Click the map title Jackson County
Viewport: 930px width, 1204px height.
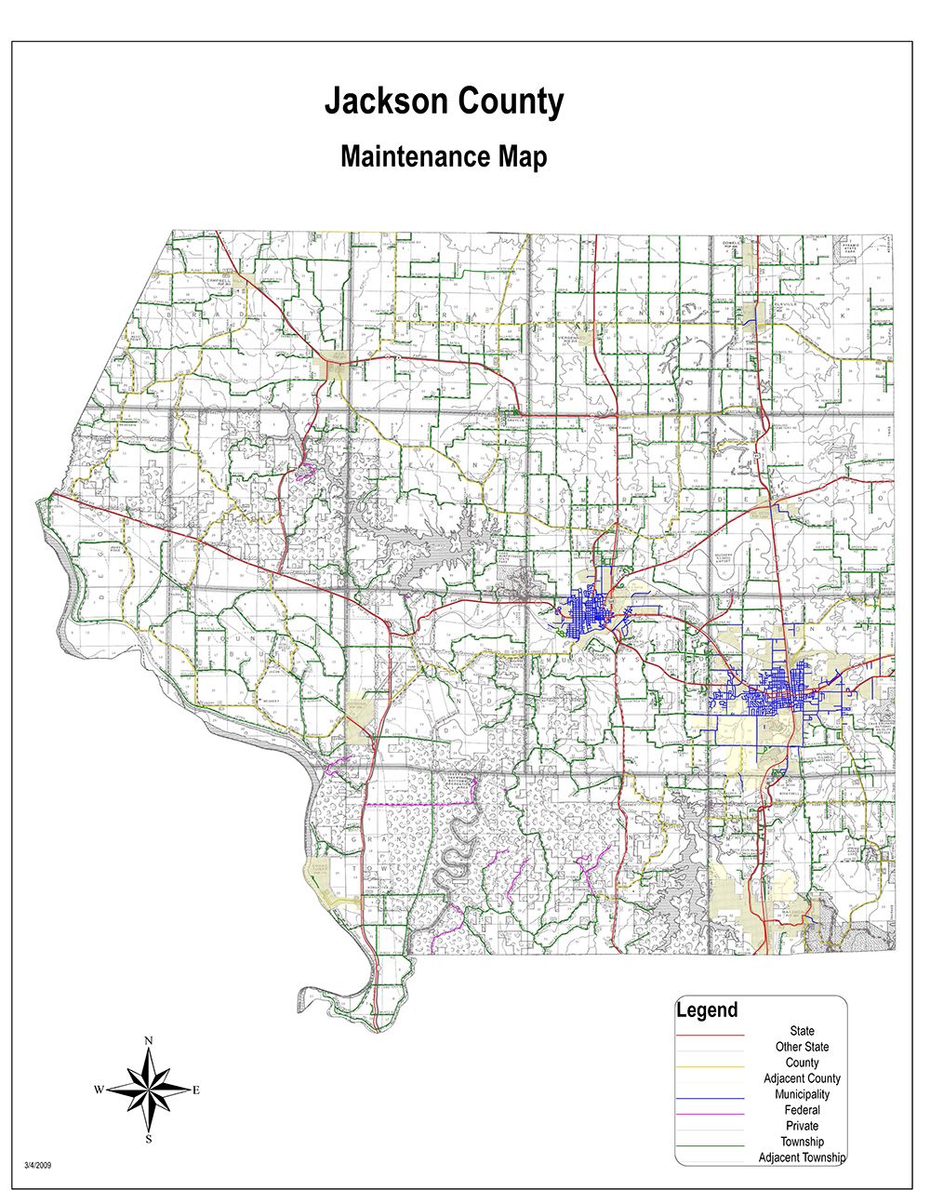444,102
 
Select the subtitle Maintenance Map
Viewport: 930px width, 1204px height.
444,156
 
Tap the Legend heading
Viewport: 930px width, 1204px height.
707,1010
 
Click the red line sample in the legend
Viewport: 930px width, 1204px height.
711,1034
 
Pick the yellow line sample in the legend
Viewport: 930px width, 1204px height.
711,1065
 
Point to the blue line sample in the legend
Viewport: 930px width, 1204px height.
711,1097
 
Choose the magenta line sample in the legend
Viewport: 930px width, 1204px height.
711,1113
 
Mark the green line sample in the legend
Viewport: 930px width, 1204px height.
711,1144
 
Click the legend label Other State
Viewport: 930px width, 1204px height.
802,1047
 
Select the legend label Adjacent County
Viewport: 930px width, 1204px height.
802,1078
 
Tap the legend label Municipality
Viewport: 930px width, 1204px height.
802,1094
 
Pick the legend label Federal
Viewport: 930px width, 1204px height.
802,1110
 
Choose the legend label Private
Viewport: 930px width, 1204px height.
802,1126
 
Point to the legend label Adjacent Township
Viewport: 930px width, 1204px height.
802,1157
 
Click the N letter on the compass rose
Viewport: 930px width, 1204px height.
149,1040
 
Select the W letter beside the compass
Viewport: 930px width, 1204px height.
98,1090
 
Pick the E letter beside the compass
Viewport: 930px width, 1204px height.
196,1090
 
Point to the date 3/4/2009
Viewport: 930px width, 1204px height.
38,1164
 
